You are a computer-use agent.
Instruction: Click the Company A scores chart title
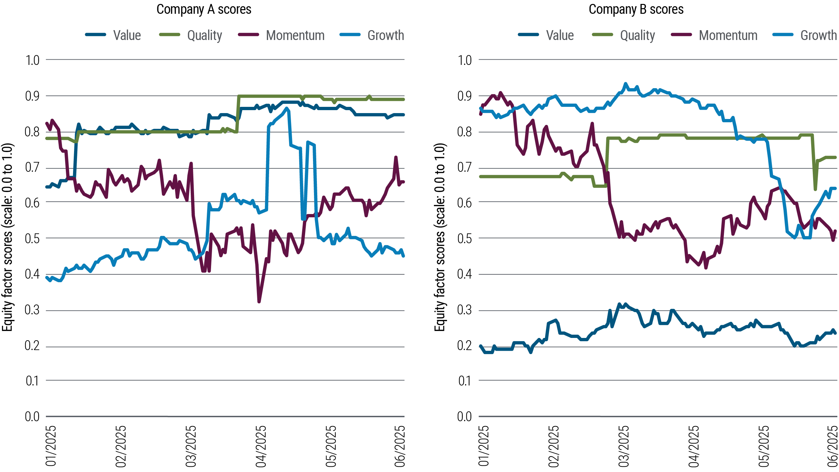[x=204, y=10]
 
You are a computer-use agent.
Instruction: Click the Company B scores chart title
[x=636, y=10]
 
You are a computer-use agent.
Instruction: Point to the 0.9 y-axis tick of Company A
[x=32, y=96]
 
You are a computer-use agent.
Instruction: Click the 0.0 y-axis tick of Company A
[x=32, y=417]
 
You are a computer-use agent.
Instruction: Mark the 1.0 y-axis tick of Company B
[x=464, y=60]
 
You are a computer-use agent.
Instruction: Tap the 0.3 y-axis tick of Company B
[x=464, y=310]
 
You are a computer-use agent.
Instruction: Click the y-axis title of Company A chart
[x=7, y=237]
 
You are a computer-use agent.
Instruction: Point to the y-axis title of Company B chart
[x=439, y=237]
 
